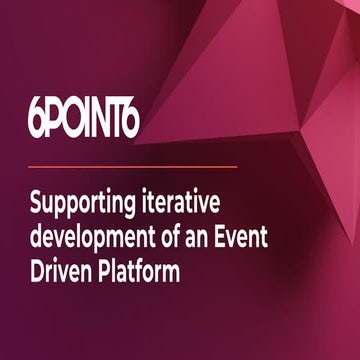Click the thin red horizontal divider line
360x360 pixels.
click(131, 165)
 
